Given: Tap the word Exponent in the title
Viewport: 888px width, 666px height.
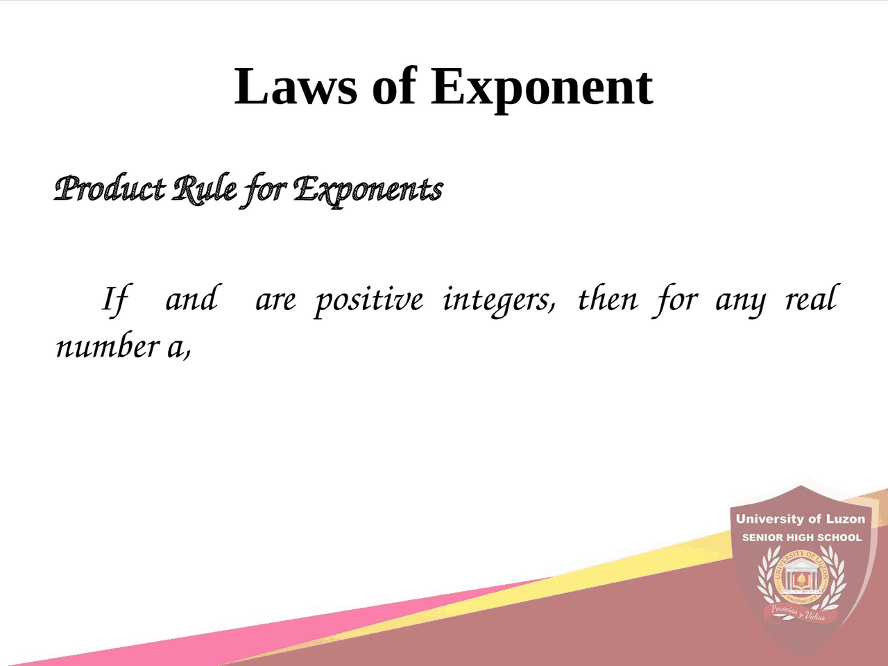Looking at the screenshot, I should (542, 88).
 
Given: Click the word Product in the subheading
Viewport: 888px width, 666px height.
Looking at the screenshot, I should (110, 189).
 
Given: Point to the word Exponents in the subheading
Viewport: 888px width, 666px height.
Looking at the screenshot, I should (368, 189).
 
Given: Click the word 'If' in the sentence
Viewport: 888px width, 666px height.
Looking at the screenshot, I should (115, 300).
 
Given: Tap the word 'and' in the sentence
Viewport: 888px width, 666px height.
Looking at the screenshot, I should (191, 299).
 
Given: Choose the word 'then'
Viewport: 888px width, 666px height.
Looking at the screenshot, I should (607, 299).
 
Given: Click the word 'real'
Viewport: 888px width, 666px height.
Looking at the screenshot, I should (811, 299).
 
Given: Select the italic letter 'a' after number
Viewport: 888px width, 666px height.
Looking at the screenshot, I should (176, 348).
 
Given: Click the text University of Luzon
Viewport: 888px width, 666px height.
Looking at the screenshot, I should (801, 519).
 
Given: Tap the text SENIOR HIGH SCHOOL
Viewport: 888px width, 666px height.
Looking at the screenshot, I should (801, 538).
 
